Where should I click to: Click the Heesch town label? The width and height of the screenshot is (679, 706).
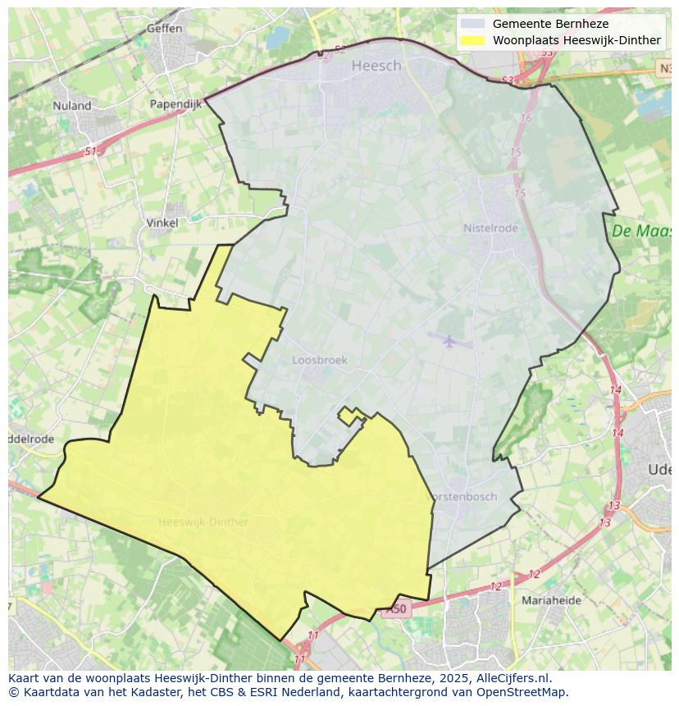coord(376,66)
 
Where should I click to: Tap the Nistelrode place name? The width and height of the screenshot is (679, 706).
coord(490,229)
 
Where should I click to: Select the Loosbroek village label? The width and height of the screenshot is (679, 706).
coord(320,360)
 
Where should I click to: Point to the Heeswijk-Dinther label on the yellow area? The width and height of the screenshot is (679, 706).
coord(203,522)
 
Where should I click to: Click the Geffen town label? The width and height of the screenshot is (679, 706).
coord(164,28)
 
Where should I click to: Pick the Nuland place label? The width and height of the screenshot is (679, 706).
coord(72,106)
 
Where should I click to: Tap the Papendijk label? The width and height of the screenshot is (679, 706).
coord(175,104)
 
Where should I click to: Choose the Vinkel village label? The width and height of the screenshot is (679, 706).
coord(162,222)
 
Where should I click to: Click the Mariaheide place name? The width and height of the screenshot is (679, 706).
coord(551,600)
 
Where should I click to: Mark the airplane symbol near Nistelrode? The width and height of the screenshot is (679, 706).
coord(449,340)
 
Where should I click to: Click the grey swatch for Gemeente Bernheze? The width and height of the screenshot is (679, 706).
coord(472,24)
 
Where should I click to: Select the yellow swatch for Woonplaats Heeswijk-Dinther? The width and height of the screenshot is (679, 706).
coord(472,40)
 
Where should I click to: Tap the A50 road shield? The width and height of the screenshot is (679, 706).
coord(397,609)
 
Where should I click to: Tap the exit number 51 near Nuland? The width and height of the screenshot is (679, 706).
coord(90,152)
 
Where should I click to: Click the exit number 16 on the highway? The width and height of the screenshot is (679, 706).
coord(526,118)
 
